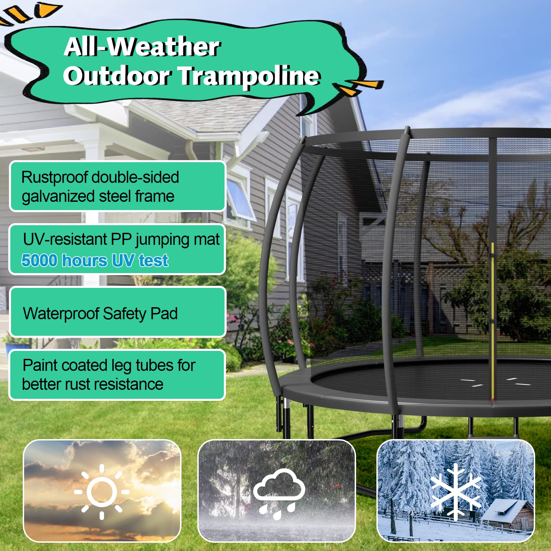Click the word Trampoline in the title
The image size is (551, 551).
click(251, 76)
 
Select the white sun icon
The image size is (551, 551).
click(102, 491)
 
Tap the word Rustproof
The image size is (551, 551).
click(55, 178)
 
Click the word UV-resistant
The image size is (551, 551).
click(65, 239)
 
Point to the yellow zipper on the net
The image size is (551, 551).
click(493, 320)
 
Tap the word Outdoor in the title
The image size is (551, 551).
click(116, 76)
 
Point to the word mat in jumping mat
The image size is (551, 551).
click(207, 239)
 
